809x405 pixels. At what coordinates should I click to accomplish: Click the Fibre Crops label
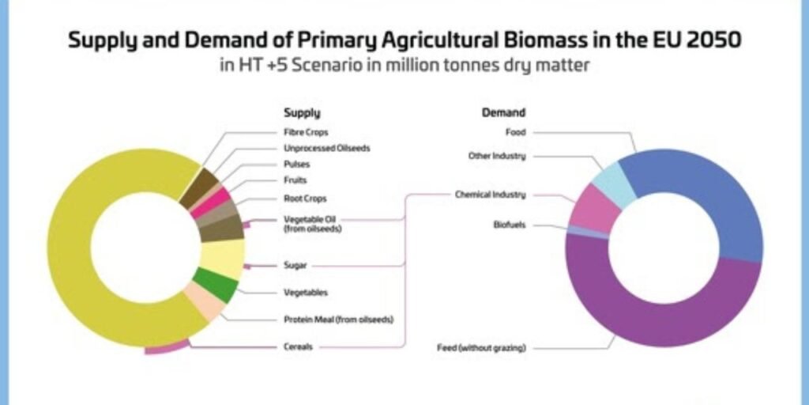[306, 132]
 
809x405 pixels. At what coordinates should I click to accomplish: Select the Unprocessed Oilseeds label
[326, 148]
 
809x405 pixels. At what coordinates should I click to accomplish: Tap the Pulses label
[296, 165]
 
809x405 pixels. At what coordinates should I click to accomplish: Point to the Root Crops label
[305, 199]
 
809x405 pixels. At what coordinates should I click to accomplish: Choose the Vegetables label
[306, 293]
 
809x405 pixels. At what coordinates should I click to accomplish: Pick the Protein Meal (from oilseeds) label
[338, 320]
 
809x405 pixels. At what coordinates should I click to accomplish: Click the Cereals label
[299, 346]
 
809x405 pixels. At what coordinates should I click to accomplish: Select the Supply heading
[302, 113]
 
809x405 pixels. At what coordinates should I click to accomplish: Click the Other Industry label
[497, 156]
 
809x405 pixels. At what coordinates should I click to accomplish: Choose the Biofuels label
[510, 225]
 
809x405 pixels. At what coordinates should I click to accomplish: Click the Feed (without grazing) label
[481, 347]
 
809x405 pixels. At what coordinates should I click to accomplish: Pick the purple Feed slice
[656, 316]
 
